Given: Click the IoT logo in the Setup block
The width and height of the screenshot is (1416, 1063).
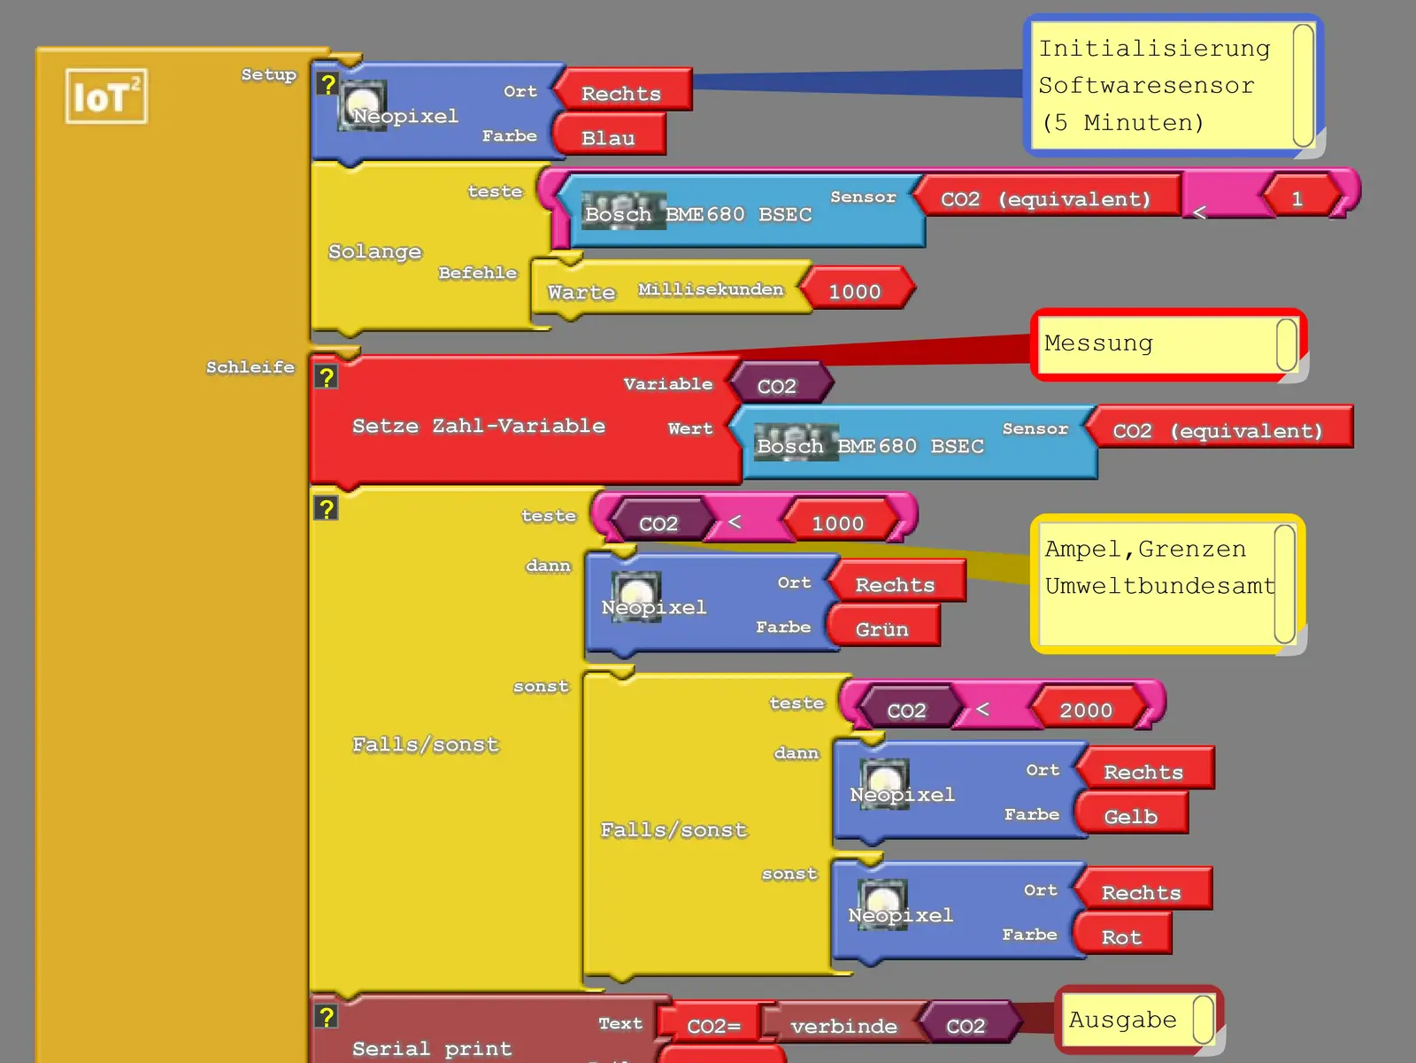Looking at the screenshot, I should click(x=106, y=96).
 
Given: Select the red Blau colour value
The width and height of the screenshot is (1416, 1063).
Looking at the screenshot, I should click(x=609, y=138).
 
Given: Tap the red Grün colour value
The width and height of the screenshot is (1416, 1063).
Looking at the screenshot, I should click(x=882, y=629).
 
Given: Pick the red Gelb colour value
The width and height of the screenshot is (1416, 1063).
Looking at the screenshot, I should click(x=1130, y=817).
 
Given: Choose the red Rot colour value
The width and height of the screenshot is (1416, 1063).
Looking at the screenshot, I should click(x=1121, y=937).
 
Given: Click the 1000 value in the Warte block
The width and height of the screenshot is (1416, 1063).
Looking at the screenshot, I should click(x=855, y=291).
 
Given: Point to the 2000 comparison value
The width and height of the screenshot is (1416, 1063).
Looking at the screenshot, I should click(x=1086, y=711).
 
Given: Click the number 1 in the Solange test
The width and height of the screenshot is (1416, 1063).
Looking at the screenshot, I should click(x=1297, y=199).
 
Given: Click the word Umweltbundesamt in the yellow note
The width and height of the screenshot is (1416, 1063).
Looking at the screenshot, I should click(x=1159, y=586).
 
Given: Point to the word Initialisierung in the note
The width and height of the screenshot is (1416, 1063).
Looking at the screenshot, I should click(x=1154, y=49).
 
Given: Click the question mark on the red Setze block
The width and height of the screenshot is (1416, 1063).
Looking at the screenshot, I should click(x=327, y=378).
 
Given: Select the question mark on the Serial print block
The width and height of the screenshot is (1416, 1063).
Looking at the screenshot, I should click(x=327, y=1017).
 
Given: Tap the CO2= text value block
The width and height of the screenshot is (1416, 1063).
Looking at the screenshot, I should click(x=712, y=1027).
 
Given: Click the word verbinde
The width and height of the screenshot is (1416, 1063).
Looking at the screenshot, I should click(x=843, y=1027).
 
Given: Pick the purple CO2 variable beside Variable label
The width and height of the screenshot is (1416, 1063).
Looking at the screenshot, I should click(x=777, y=386).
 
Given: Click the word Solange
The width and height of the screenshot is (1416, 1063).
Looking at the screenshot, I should click(x=374, y=251).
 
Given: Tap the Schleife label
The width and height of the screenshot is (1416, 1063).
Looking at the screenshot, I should click(x=250, y=367).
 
